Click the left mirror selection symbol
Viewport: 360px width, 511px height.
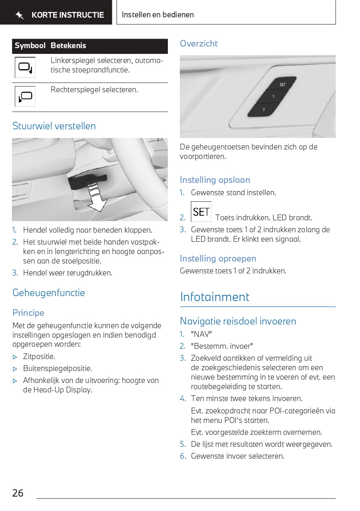point(25,68)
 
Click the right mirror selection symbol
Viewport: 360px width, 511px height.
point(25,96)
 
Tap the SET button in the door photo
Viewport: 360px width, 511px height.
point(282,84)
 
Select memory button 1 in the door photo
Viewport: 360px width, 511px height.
point(273,96)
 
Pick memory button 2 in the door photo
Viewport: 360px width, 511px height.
point(264,109)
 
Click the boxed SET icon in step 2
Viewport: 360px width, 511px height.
point(201,212)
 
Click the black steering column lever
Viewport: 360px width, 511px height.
point(87,181)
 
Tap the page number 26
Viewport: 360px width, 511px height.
point(18,493)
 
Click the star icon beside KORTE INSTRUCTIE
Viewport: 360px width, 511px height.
point(19,16)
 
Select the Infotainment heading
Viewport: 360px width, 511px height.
point(215,297)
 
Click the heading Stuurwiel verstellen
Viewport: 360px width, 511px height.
point(54,126)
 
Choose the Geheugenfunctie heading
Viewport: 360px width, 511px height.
point(49,293)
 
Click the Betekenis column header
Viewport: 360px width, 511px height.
point(68,46)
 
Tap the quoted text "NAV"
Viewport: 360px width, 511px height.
point(201,334)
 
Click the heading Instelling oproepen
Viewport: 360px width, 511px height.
point(218,259)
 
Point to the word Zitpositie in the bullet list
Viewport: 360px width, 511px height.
point(39,357)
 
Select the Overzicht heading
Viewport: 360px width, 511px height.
point(199,44)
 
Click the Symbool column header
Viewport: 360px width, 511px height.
point(30,46)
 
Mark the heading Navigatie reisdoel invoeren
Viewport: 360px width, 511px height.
point(238,321)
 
